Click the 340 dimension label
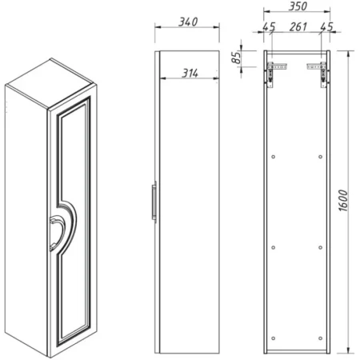[x=188, y=22]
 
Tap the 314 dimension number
[x=190, y=73]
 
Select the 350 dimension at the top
[x=298, y=6]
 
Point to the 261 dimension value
[x=298, y=26]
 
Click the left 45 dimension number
[x=269, y=27]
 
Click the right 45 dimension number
[x=326, y=26]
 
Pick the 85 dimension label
[x=236, y=58]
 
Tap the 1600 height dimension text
[x=343, y=201]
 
